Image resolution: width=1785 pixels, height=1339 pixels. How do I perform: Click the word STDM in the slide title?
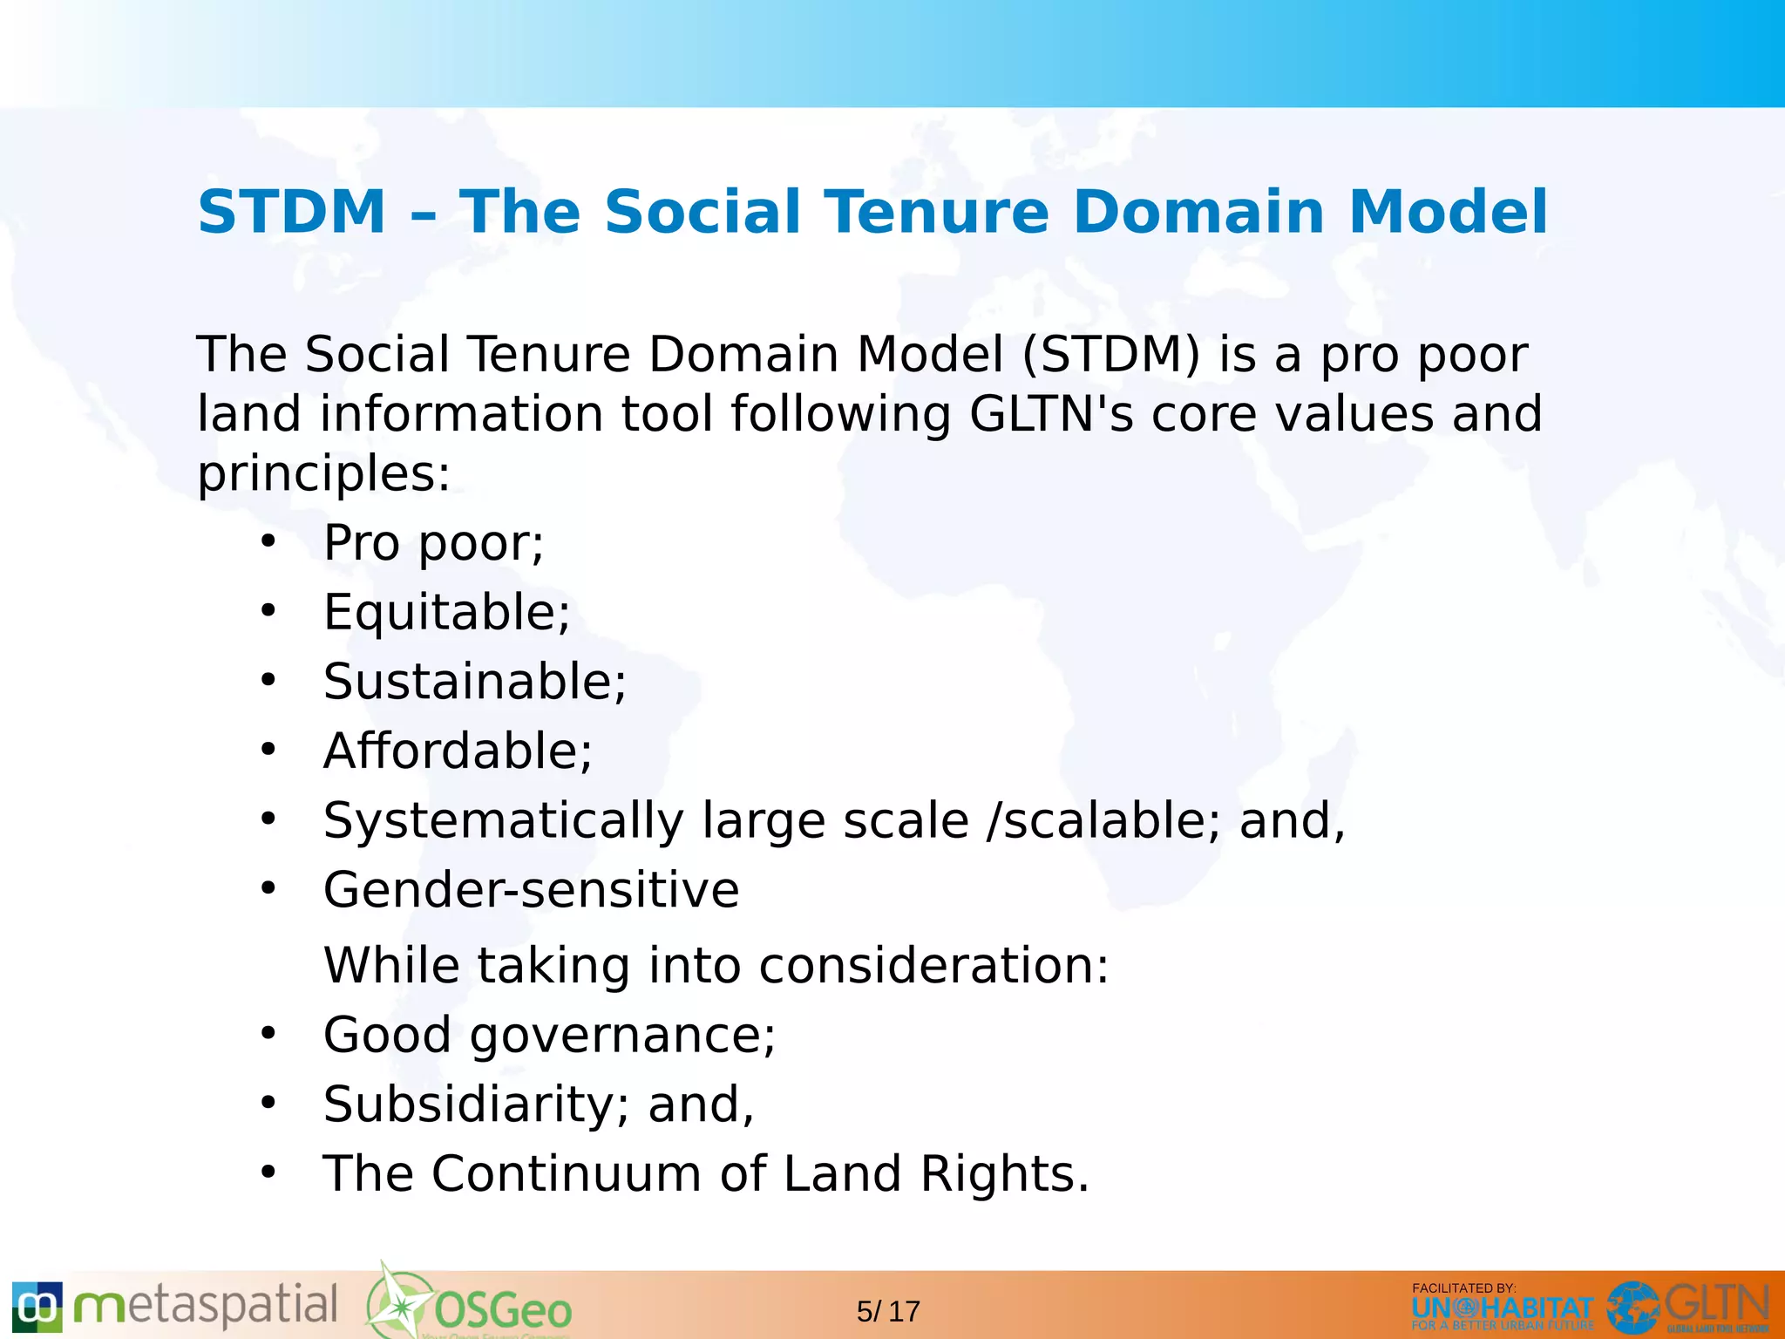(292, 212)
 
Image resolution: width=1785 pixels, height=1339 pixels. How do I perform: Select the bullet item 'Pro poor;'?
(433, 543)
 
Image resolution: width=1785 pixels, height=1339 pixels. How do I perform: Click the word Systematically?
(504, 821)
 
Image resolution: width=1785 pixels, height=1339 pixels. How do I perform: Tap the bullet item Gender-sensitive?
(531, 890)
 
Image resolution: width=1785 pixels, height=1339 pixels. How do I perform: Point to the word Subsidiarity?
(469, 1105)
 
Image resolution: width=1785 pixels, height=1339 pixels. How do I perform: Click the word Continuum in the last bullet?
(566, 1173)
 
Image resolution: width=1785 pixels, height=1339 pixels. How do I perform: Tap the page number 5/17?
(888, 1311)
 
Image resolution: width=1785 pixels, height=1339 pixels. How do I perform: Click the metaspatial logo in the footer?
(174, 1307)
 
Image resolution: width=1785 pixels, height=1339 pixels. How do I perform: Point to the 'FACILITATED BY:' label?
(1463, 1288)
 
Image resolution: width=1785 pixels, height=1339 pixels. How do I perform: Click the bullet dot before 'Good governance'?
(268, 1034)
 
